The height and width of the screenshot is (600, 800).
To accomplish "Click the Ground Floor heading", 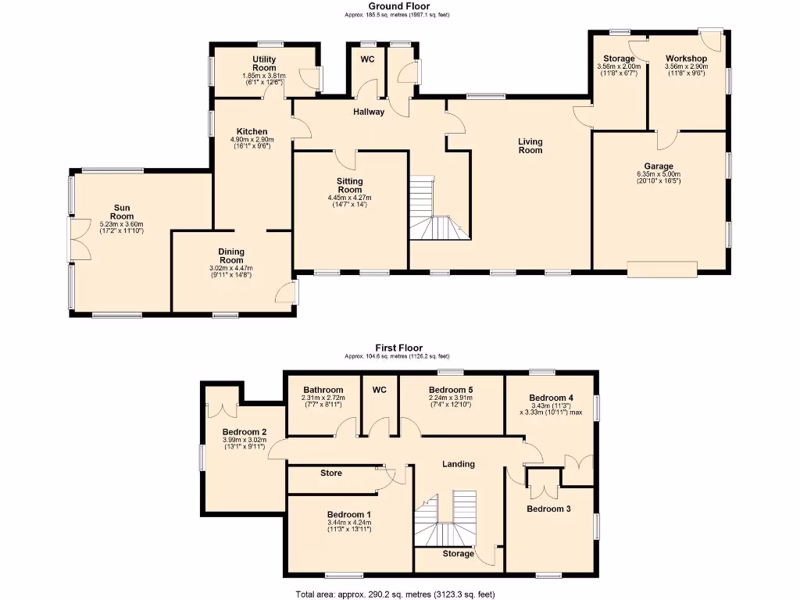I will coord(398,6).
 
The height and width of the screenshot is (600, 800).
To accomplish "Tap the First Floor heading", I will coord(398,348).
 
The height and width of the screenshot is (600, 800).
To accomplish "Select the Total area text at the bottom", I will coord(395,594).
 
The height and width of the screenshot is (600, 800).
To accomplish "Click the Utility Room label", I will coord(264,63).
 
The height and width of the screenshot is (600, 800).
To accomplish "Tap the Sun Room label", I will coord(121,212).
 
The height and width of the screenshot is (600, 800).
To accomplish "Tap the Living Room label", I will coord(530,146).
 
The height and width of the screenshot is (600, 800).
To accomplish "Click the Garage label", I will coord(659,166).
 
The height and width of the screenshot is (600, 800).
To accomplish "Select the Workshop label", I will coord(686,59).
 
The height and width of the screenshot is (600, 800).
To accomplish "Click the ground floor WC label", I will coord(367,59).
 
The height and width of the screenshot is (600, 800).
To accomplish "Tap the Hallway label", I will coord(369,112).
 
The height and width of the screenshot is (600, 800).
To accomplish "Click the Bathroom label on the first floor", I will coord(323,390).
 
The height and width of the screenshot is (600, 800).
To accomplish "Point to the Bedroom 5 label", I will coord(452,390).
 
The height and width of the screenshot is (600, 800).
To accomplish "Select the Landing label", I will coord(459,464).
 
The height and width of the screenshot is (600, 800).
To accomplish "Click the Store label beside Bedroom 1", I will coord(331,473).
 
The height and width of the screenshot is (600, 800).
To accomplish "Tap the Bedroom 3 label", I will coord(548,509).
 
